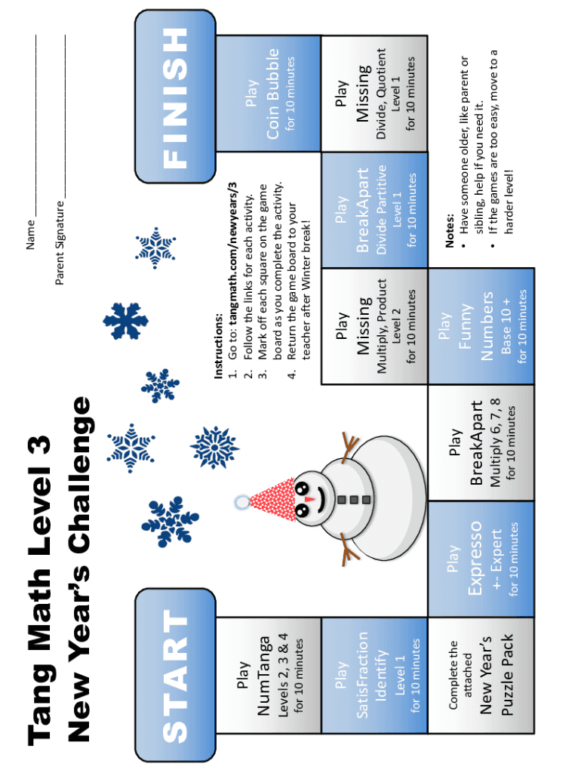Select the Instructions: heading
pos(219,346)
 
